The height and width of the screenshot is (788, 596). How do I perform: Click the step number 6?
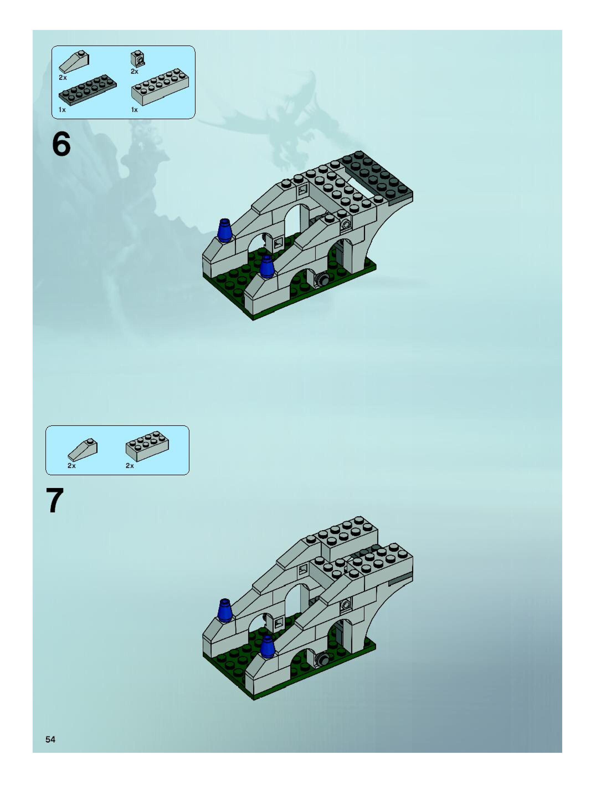coord(61,144)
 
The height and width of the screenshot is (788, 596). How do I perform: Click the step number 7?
coord(55,500)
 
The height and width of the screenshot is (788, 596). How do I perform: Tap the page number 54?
coord(50,739)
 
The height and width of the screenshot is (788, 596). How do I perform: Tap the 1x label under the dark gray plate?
coord(62,110)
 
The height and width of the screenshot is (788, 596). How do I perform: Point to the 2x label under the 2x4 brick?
coord(130,466)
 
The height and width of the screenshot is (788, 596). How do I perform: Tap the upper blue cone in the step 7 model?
coord(225,611)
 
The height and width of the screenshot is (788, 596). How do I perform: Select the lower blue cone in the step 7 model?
coord(266,647)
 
